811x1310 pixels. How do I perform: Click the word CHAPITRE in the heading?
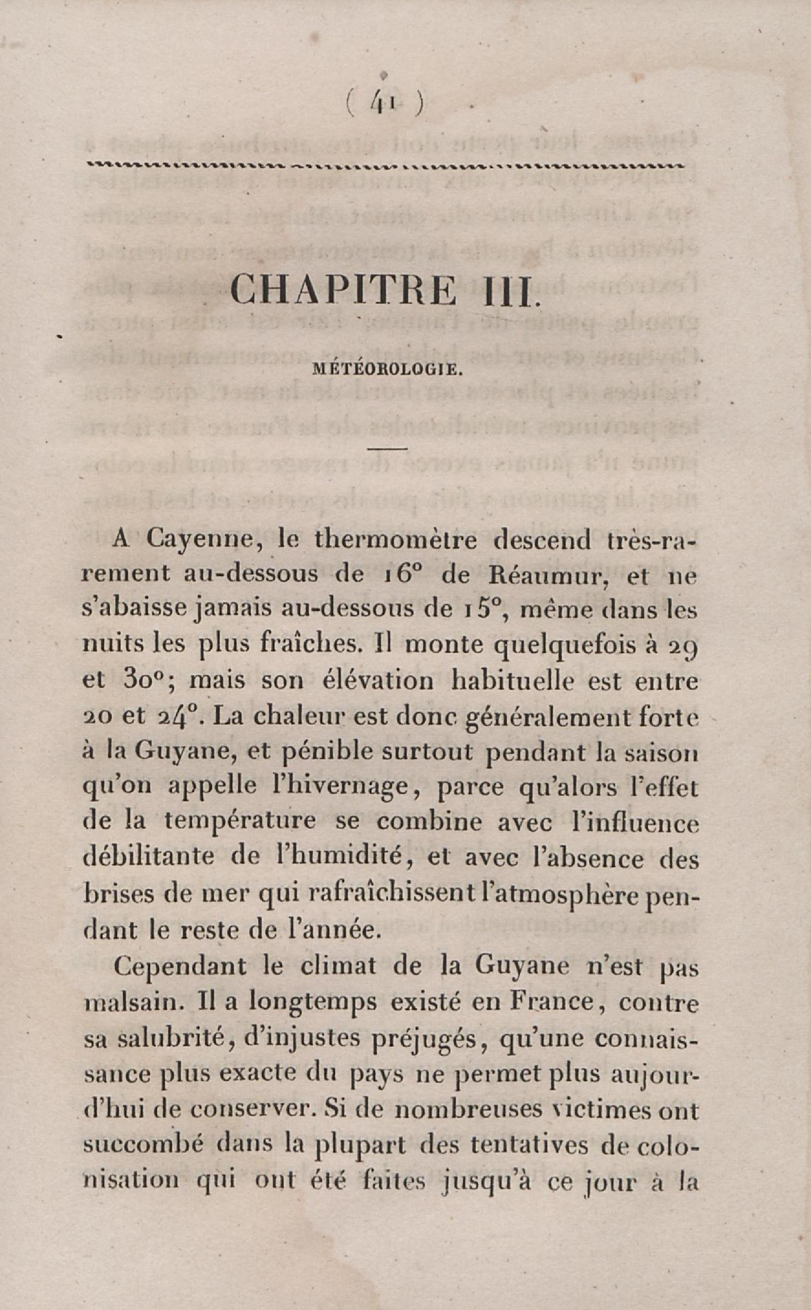(343, 290)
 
